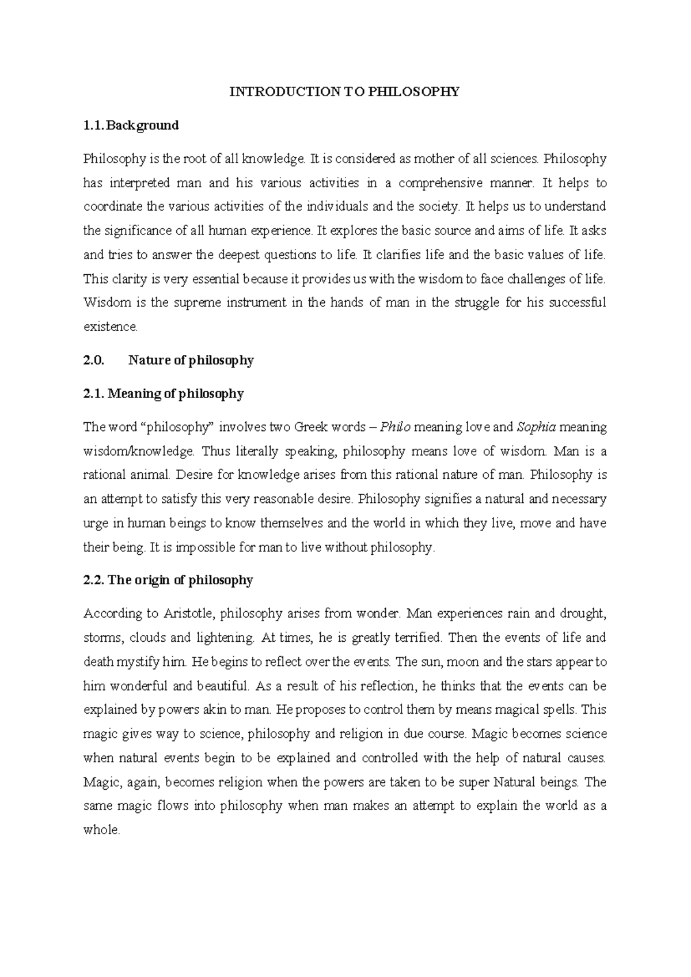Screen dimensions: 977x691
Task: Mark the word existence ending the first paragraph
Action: point(111,327)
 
